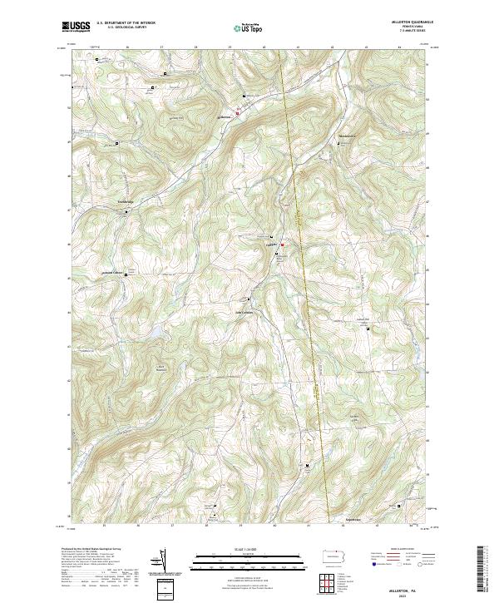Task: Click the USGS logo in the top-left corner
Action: [76, 27]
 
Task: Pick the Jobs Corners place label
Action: [240, 313]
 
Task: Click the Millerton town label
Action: [270, 244]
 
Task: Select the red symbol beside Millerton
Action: [282, 245]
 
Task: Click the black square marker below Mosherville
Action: [339, 144]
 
